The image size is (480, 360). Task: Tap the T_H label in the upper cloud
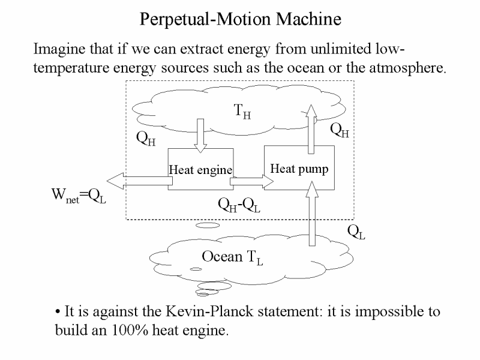[242, 112]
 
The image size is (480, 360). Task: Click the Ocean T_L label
[232, 258]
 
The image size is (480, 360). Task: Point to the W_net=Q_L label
[79, 196]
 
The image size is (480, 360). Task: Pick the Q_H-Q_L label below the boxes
[239, 205]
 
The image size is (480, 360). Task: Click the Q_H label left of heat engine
[146, 139]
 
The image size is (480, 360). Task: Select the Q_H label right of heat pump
[340, 130]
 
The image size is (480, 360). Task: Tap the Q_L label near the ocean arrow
[356, 232]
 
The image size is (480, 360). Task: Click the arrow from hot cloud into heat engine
[200, 136]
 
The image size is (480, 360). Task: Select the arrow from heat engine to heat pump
[251, 181]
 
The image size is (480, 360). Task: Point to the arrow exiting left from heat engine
[140, 181]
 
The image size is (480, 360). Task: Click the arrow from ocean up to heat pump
[312, 214]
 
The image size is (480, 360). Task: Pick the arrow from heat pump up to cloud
[311, 129]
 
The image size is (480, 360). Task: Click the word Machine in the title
[308, 19]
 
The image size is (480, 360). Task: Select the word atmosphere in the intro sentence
[407, 68]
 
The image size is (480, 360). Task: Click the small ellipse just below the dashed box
[208, 226]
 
